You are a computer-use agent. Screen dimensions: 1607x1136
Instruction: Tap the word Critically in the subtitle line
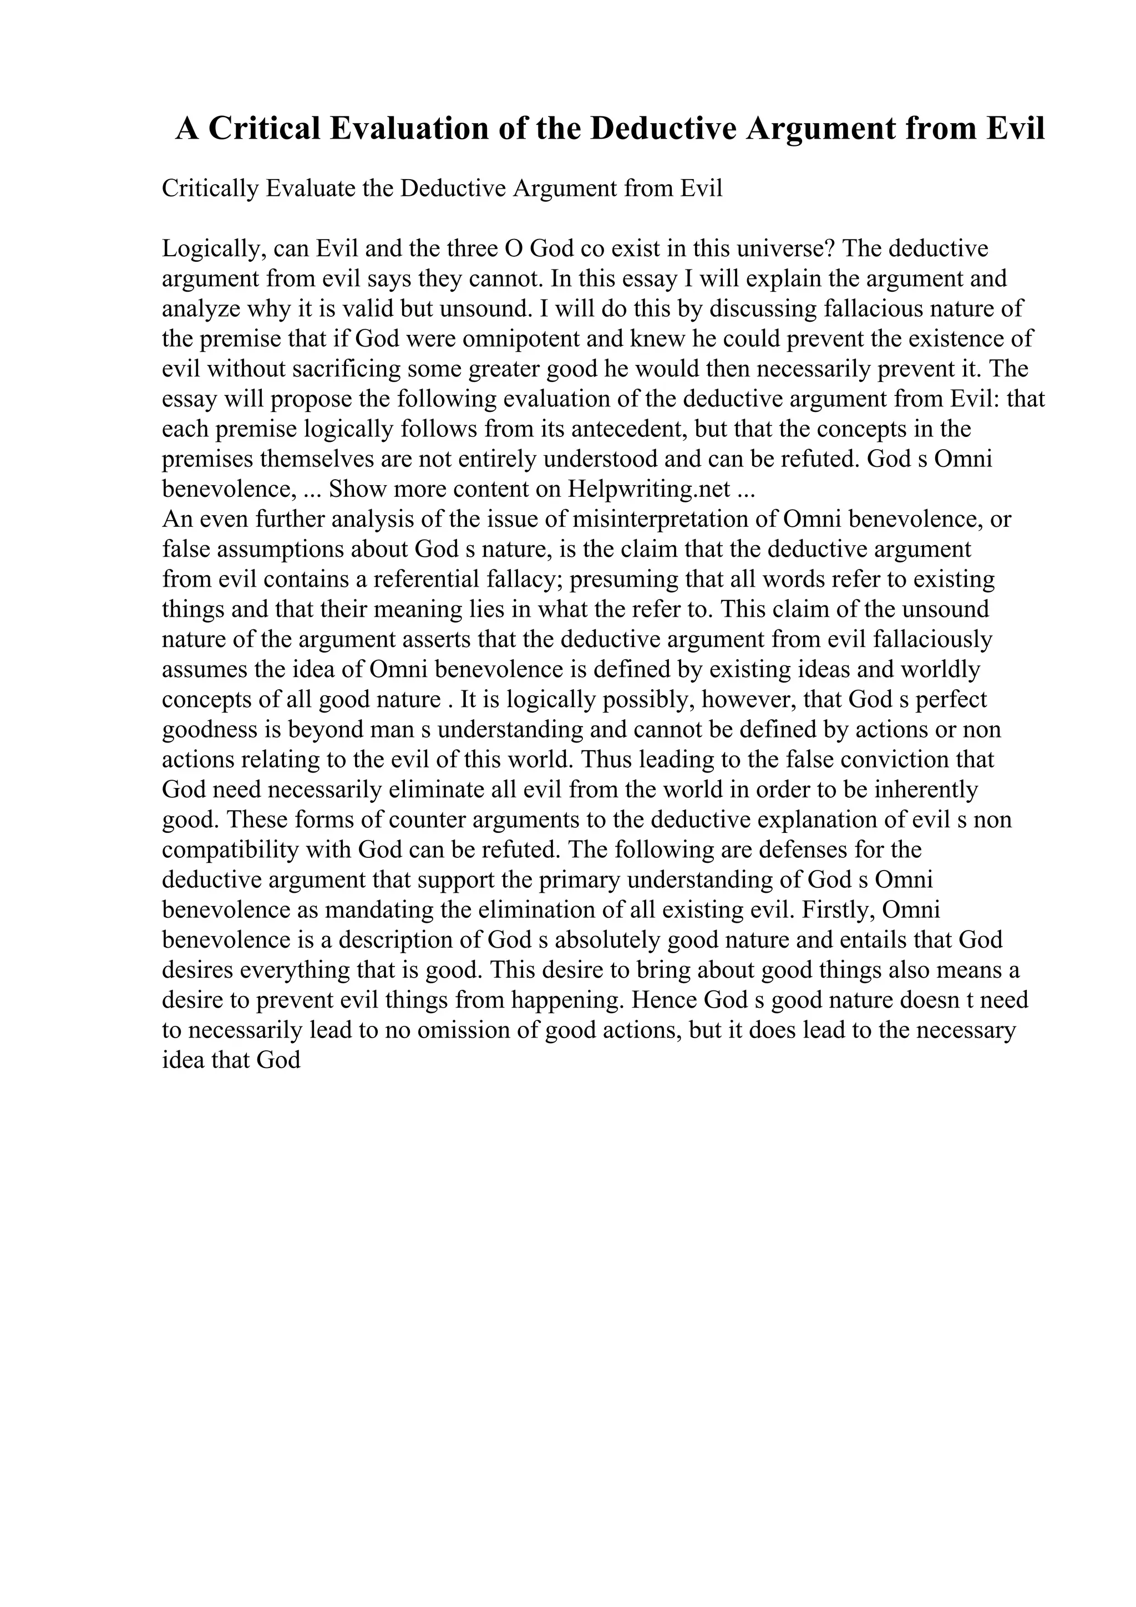210,189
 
